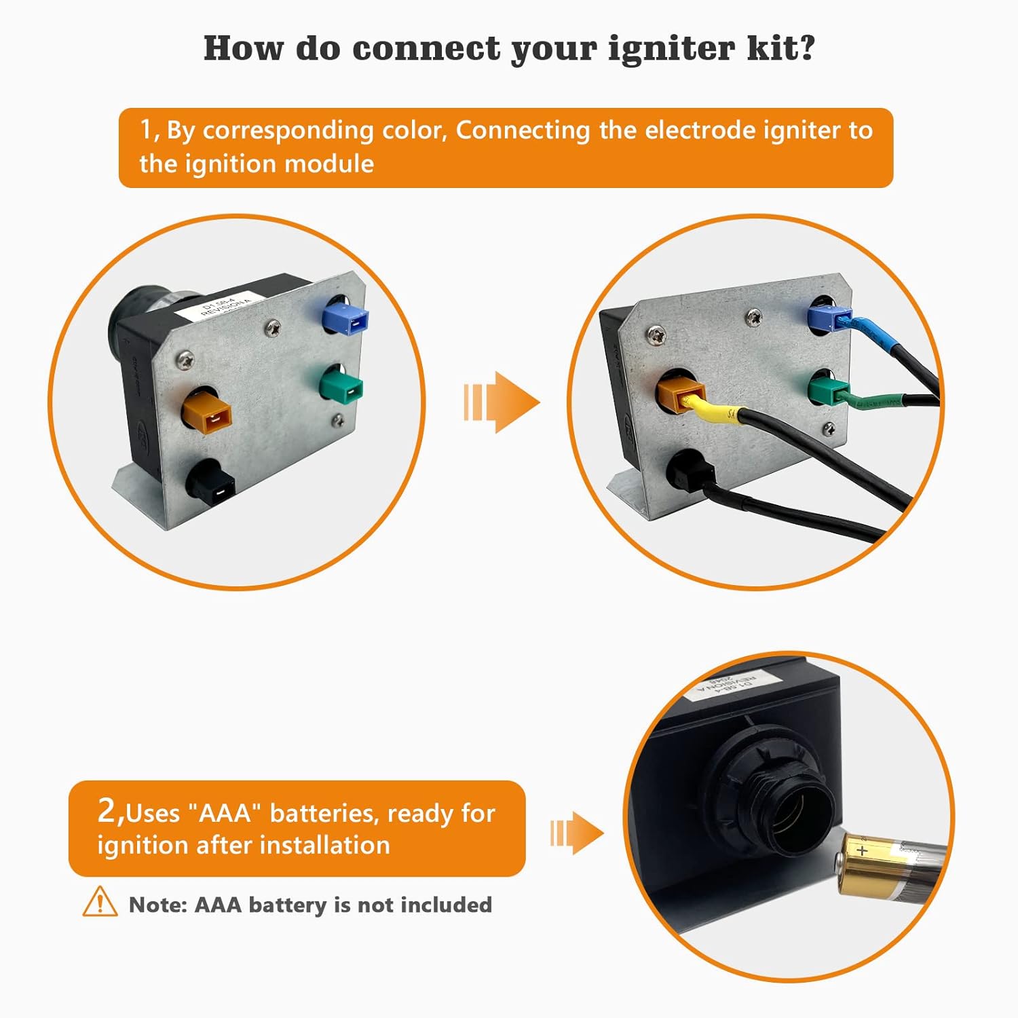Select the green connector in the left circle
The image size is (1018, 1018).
click(342, 385)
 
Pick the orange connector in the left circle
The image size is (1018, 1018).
click(208, 413)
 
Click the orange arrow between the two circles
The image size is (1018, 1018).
click(502, 402)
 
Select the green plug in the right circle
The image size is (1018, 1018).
click(825, 392)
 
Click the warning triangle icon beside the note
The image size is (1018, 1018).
click(100, 902)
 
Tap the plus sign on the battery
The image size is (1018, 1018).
click(862, 849)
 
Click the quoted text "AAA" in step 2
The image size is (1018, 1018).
click(225, 812)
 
